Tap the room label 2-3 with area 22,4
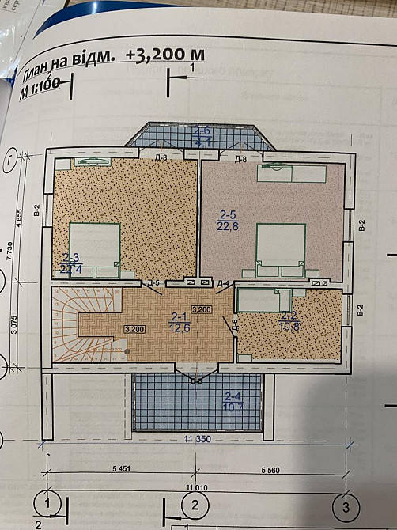pyautogui.click(x=70, y=263)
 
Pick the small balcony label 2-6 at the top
pyautogui.click(x=202, y=137)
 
